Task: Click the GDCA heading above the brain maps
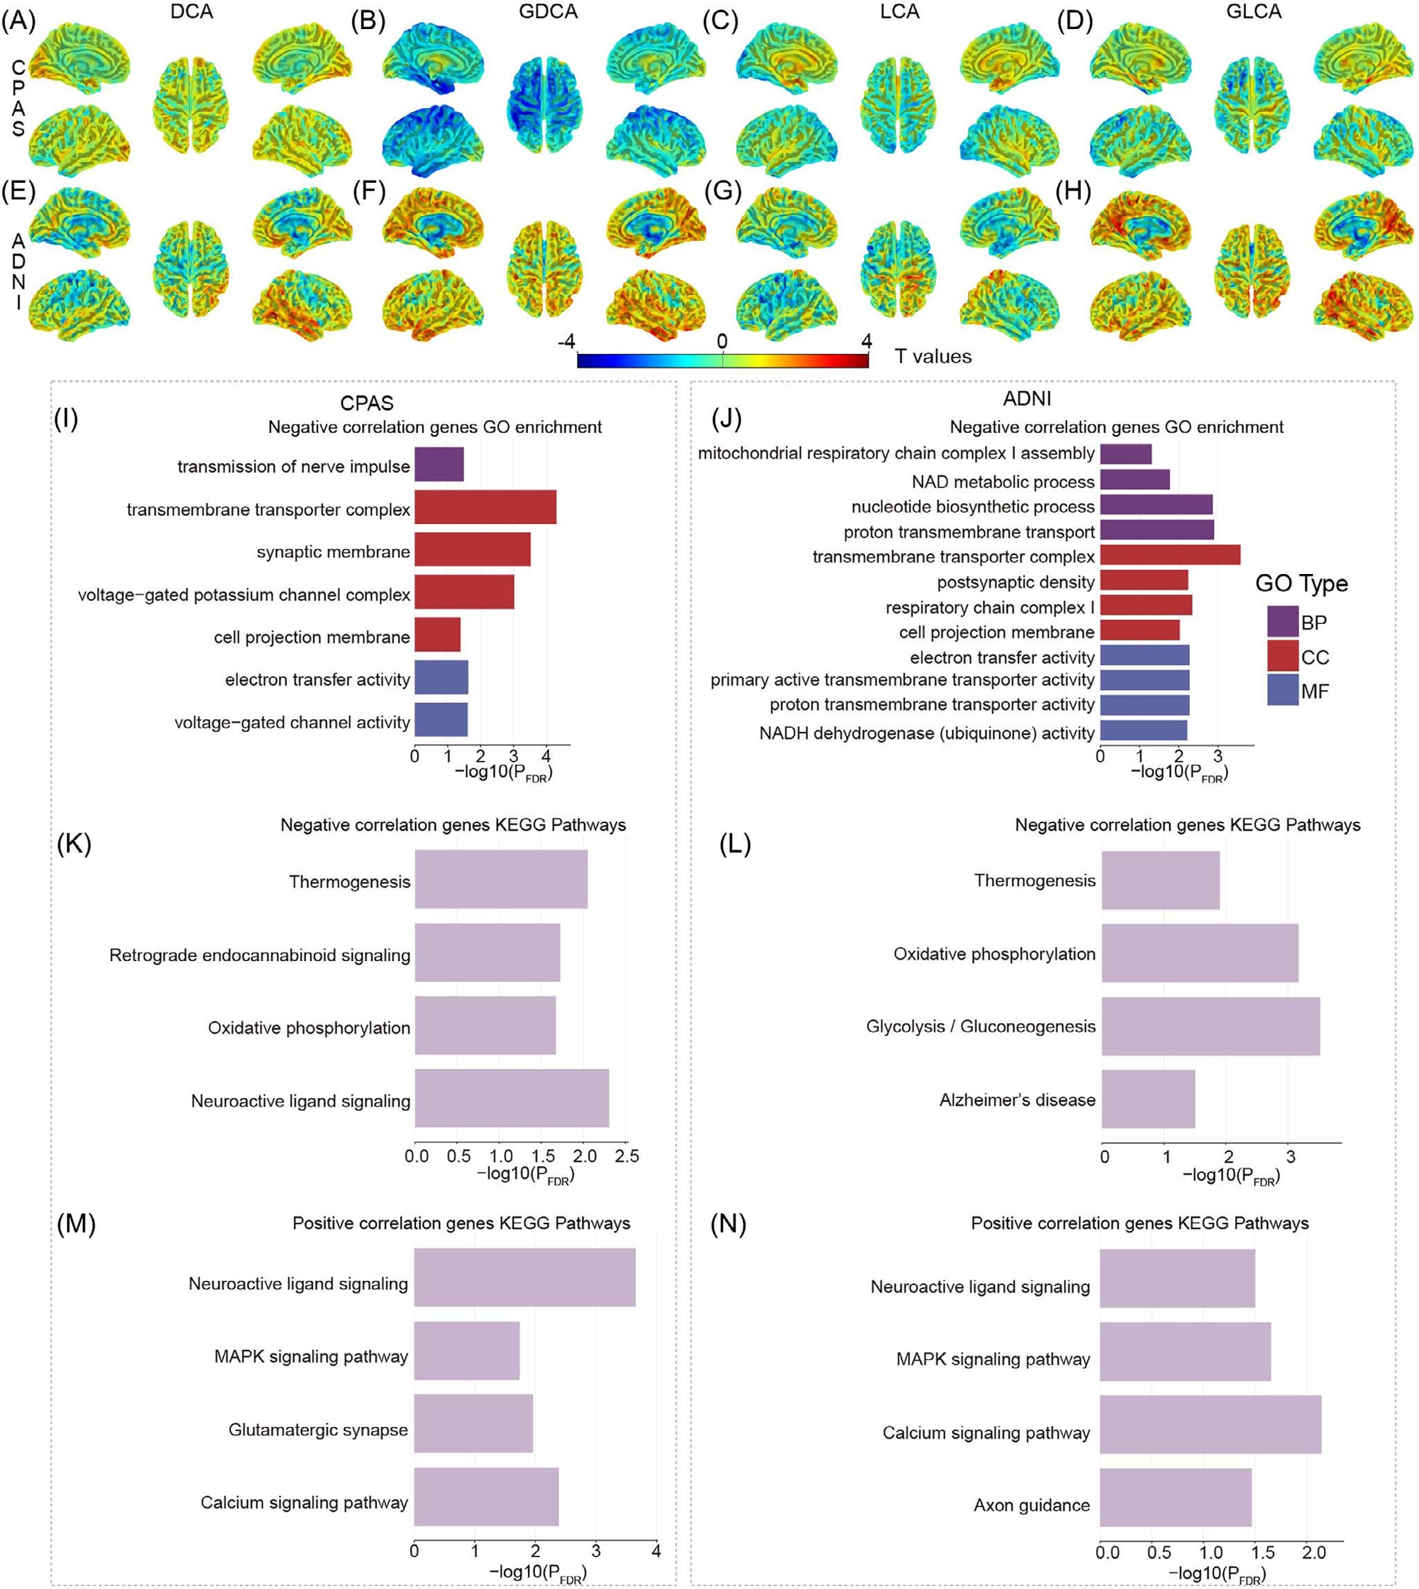(549, 12)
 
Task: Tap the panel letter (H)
(1073, 192)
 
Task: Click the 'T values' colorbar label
(933, 357)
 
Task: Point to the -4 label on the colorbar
(566, 341)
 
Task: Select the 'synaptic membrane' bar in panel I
(472, 549)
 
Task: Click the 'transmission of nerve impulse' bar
(439, 464)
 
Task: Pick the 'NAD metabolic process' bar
(1135, 479)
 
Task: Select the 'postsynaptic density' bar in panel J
(1144, 580)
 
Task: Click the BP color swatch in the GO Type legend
(1283, 622)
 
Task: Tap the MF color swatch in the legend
(1283, 690)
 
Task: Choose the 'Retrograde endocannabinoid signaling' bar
(487, 953)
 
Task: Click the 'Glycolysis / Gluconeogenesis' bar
(1210, 1026)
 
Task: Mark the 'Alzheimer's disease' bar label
(1017, 1100)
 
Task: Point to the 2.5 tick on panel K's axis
(627, 1156)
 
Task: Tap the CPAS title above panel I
(367, 403)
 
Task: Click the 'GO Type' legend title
(1301, 584)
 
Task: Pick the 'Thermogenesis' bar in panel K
(500, 879)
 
